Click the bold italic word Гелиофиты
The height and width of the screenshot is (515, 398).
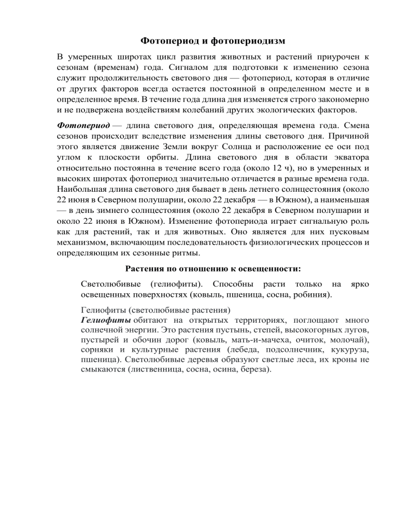coord(102,321)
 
